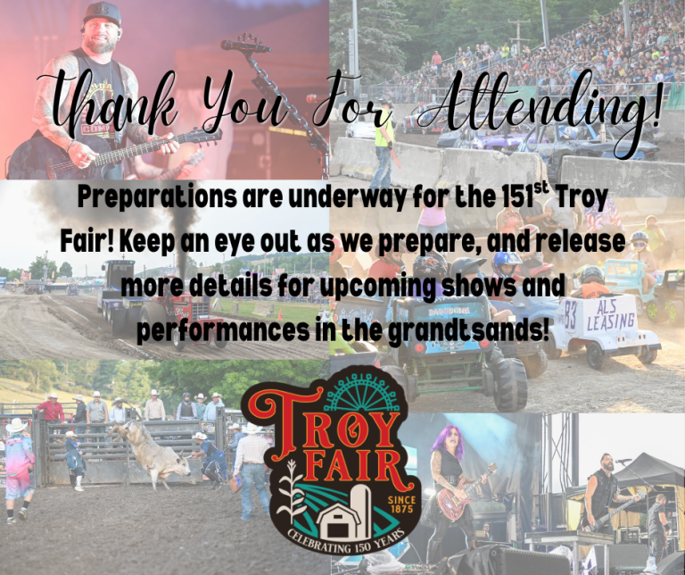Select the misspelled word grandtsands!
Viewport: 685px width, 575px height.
(x=468, y=331)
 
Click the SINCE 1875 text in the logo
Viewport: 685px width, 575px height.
(x=401, y=504)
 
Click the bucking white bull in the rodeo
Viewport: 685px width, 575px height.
(x=151, y=450)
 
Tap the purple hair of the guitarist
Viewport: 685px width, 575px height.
(x=449, y=441)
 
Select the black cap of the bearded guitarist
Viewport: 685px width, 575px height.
(x=102, y=13)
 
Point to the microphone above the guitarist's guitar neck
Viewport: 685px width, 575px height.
(x=245, y=45)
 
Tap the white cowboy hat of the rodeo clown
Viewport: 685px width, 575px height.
(x=17, y=425)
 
